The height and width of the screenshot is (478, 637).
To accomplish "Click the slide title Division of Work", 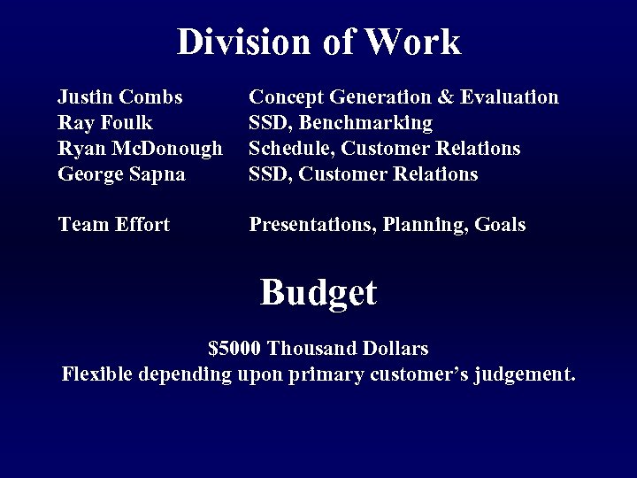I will point(318,42).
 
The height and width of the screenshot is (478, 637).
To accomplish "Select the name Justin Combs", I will point(120,96).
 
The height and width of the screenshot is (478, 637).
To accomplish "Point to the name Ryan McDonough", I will point(140,148).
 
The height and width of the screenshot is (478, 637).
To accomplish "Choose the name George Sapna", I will point(121,173).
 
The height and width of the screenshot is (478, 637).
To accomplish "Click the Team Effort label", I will point(113,225).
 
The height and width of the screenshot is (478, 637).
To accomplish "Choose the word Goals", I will point(500,225).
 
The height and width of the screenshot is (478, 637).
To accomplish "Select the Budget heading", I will point(318,292).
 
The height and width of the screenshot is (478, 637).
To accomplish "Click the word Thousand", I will point(310,348).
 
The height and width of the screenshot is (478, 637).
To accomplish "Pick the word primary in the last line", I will point(328,375).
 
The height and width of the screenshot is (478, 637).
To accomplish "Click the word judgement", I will point(524,375).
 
